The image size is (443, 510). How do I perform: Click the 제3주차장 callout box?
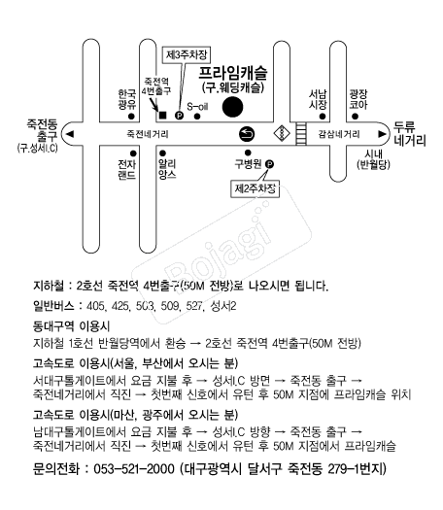(187, 54)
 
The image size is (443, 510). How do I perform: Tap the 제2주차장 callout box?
(255, 188)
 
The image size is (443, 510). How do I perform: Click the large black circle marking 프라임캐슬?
(232, 107)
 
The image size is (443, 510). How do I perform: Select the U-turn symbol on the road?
(247, 134)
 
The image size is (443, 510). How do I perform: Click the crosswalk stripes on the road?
(301, 134)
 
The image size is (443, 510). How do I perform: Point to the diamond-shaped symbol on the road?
(281, 133)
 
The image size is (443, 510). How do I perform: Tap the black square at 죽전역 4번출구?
(162, 116)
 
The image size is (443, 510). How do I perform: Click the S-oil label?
(197, 106)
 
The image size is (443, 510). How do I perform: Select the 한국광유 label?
(127, 99)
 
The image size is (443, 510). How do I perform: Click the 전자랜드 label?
(127, 169)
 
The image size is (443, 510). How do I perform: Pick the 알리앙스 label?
(167, 169)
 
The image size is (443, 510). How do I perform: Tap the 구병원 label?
(248, 164)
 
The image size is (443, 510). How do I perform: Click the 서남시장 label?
(318, 99)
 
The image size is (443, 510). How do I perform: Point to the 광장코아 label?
(358, 99)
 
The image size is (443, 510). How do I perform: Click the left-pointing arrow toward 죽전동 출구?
(70, 134)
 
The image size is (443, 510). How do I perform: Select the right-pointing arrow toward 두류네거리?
(382, 134)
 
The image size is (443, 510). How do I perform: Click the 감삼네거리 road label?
(339, 134)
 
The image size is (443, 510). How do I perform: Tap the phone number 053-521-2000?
(134, 469)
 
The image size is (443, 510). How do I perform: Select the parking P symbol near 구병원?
(269, 164)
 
